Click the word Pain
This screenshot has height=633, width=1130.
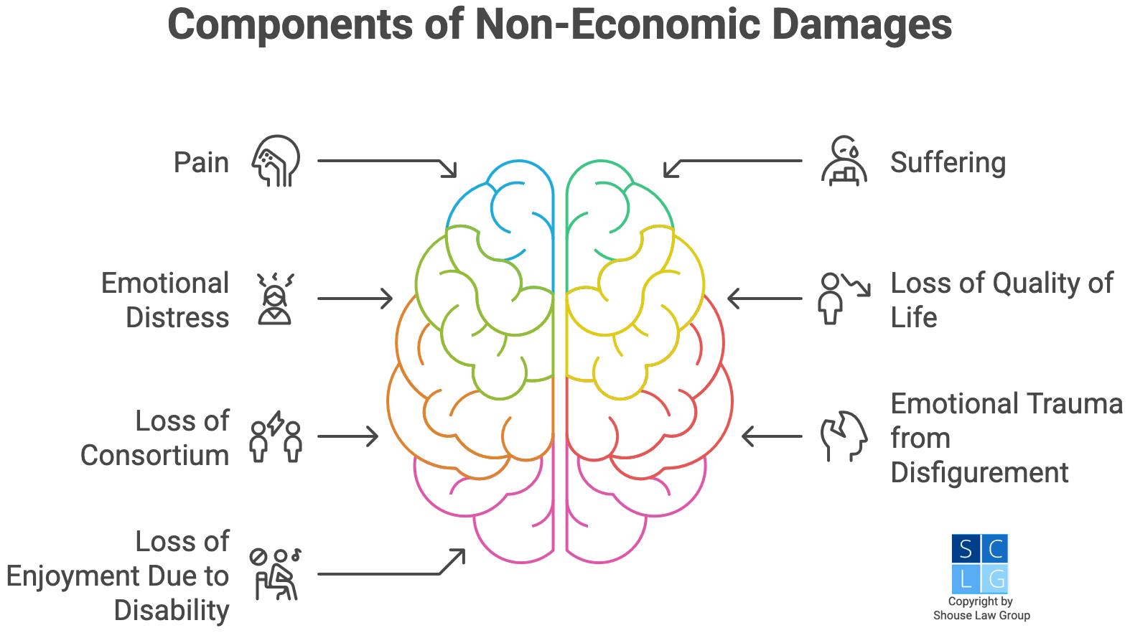pyautogui.click(x=201, y=162)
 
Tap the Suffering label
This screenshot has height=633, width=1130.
pyautogui.click(x=948, y=163)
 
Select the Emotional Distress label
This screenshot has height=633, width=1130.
pyautogui.click(x=166, y=300)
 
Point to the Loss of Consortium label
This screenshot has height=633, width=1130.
pyautogui.click(x=155, y=438)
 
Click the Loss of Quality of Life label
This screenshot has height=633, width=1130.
pyautogui.click(x=1001, y=300)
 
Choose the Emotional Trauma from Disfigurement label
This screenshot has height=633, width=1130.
pyautogui.click(x=1006, y=438)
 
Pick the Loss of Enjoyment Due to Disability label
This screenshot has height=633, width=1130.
pyautogui.click(x=118, y=576)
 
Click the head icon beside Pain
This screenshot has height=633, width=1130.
pyautogui.click(x=276, y=161)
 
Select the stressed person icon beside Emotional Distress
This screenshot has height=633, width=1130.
pyautogui.click(x=276, y=299)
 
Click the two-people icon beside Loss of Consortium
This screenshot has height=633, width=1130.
pyautogui.click(x=276, y=437)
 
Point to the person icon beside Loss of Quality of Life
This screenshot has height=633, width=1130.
pyautogui.click(x=843, y=298)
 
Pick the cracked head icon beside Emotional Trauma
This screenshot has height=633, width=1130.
pyautogui.click(x=844, y=436)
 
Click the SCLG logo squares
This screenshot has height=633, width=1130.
pyautogui.click(x=980, y=563)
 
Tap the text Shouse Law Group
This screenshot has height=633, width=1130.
pyautogui.click(x=981, y=615)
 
